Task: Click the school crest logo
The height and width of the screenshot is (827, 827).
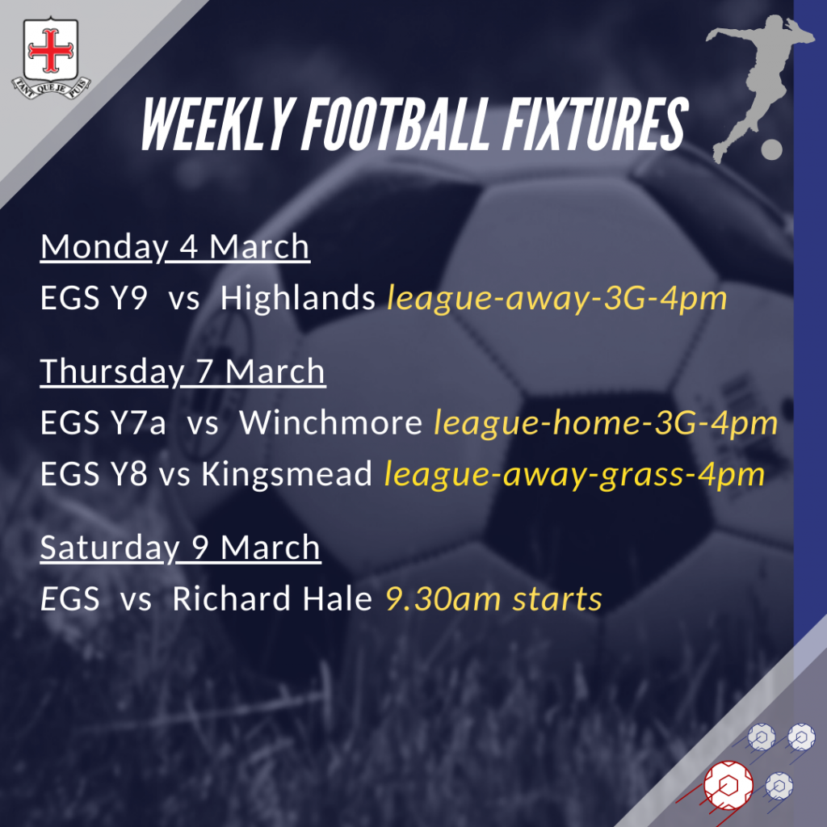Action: (x=51, y=55)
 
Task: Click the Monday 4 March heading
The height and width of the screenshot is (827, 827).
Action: (x=175, y=247)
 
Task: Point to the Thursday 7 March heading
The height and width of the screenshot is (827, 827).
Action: (x=183, y=372)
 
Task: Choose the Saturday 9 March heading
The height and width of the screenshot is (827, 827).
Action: (x=180, y=548)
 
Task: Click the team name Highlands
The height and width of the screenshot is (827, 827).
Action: (x=298, y=299)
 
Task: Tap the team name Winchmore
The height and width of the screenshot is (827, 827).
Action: (x=331, y=423)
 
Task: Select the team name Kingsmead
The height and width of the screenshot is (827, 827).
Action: (x=288, y=475)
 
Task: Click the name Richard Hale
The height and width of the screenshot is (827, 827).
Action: (x=272, y=599)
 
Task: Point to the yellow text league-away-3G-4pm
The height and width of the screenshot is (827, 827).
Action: (x=557, y=300)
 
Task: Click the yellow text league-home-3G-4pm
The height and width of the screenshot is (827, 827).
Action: (x=606, y=423)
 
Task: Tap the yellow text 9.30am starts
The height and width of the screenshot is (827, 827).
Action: (x=493, y=599)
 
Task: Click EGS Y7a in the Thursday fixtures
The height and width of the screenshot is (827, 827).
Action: (x=103, y=423)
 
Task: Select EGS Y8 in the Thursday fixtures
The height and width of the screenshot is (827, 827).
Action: (x=94, y=475)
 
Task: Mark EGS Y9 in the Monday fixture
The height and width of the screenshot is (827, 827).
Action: (x=94, y=299)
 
